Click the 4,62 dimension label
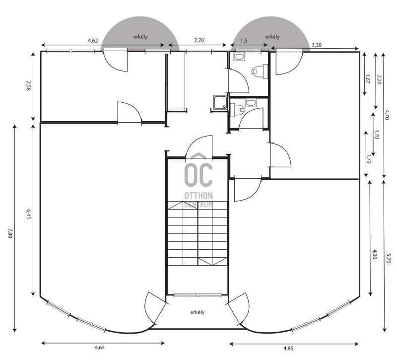(x=93, y=41)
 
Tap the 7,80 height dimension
(x=10, y=233)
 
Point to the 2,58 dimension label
(x=28, y=85)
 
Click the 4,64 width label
(x=100, y=347)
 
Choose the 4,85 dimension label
(x=288, y=349)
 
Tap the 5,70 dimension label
(x=388, y=258)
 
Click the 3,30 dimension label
(x=317, y=45)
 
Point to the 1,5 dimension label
(x=244, y=41)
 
